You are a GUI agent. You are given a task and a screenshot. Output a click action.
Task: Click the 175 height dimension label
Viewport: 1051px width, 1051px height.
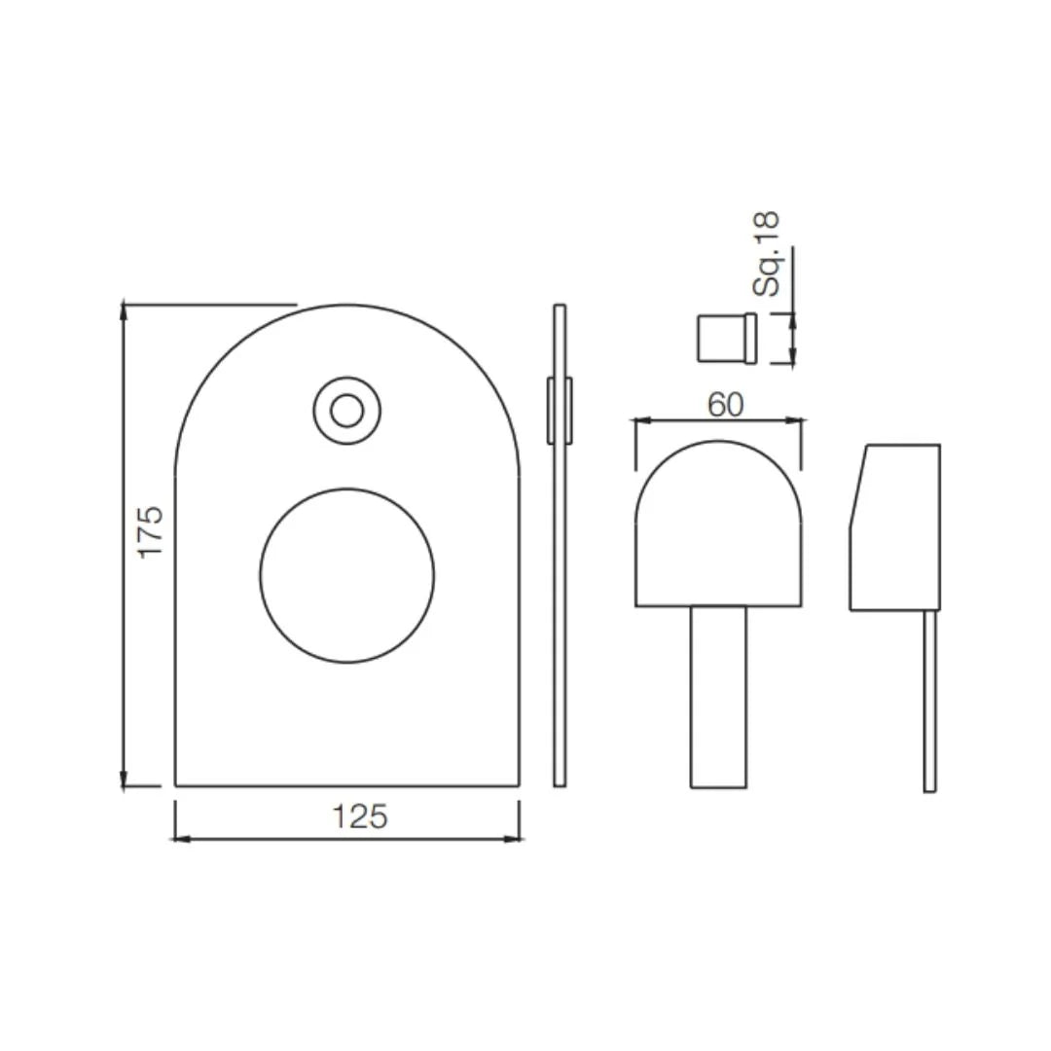pyautogui.click(x=151, y=530)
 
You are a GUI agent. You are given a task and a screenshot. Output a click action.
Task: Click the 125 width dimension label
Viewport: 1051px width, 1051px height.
pyautogui.click(x=360, y=815)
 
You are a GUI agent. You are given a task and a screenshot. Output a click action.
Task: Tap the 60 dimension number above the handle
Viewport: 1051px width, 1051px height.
pyautogui.click(x=725, y=404)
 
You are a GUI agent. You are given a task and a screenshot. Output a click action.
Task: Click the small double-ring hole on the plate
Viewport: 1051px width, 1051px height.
pyautogui.click(x=346, y=412)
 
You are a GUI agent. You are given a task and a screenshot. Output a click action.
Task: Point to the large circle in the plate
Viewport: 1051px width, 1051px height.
pyautogui.click(x=347, y=575)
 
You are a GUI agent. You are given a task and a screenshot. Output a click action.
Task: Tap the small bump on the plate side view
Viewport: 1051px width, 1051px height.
pyautogui.click(x=560, y=411)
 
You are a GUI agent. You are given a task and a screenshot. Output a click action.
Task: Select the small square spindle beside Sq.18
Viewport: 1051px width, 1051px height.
pyautogui.click(x=726, y=338)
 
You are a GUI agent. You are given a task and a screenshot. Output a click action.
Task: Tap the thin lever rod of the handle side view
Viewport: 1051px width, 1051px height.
pyautogui.click(x=930, y=701)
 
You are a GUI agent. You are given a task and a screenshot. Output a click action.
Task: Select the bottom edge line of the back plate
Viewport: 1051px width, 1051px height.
pyautogui.click(x=347, y=784)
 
